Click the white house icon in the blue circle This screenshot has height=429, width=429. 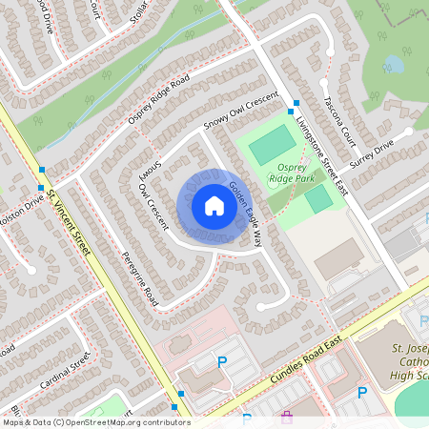(214, 206)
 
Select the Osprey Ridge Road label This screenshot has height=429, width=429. (158, 99)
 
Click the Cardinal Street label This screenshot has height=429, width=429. (66, 372)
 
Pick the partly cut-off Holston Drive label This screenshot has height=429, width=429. (21, 210)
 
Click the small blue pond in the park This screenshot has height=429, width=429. (393, 65)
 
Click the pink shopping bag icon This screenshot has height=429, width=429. (287, 417)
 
